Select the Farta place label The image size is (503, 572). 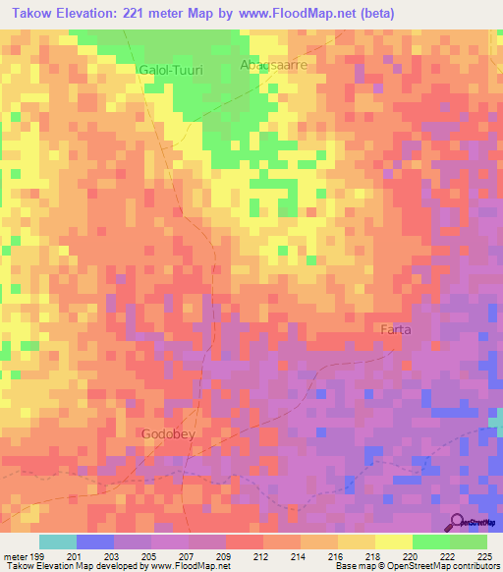point(396,331)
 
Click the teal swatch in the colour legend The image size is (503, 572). point(58,542)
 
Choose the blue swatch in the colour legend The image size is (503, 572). point(95,542)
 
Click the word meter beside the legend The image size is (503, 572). point(14,555)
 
